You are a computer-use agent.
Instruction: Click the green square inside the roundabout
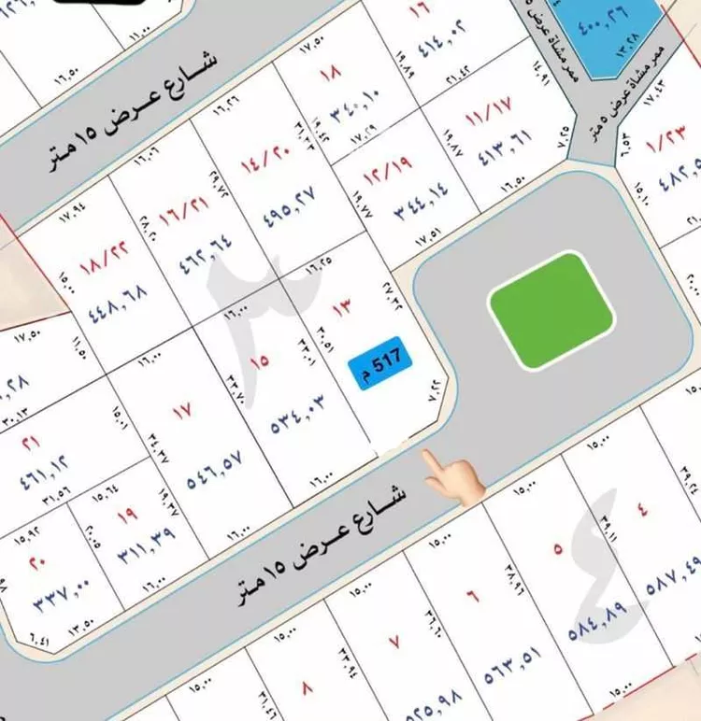click(551, 309)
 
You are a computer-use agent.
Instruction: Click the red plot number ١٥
click(258, 359)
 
